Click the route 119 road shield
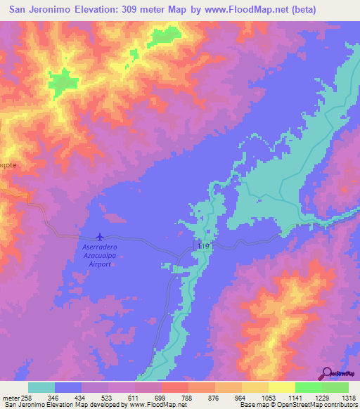(x=204, y=247)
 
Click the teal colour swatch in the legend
(x=41, y=387)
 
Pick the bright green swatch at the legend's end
(x=335, y=387)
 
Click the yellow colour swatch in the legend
(x=282, y=387)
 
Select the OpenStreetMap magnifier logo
(x=326, y=373)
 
